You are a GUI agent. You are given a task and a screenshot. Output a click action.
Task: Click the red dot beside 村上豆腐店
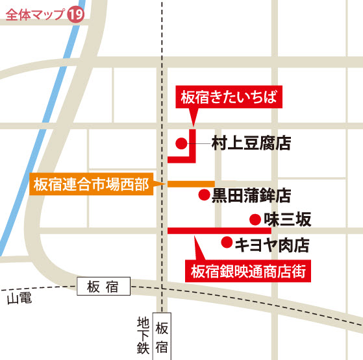point(182,143)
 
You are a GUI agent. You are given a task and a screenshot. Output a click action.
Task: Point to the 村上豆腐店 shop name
point(251,143)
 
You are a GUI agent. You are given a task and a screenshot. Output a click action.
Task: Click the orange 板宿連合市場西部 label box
point(90,185)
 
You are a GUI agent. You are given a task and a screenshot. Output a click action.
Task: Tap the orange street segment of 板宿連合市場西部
point(191,184)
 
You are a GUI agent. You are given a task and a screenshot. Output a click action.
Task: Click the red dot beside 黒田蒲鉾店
point(203,194)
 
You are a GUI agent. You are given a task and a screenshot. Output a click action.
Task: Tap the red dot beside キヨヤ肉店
point(226,243)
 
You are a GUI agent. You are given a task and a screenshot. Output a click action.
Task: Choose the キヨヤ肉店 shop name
point(271,244)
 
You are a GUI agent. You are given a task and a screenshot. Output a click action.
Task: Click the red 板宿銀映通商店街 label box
point(249,271)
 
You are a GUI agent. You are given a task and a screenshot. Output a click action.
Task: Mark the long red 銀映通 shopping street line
point(219,230)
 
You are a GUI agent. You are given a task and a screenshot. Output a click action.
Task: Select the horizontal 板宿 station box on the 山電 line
point(103,285)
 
